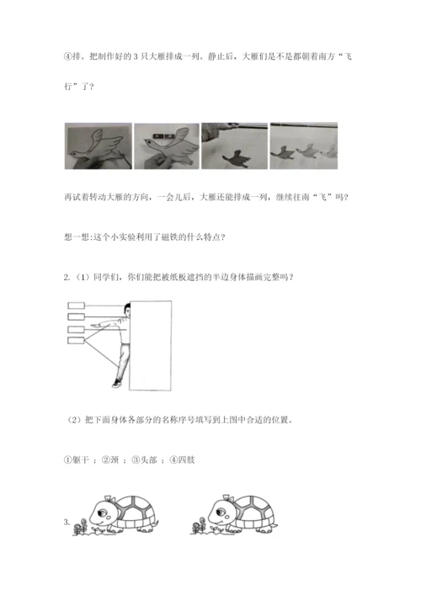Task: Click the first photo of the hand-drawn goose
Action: (99, 146)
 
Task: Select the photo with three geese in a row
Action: (304, 146)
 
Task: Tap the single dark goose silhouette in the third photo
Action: (236, 158)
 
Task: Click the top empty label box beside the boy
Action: (76, 305)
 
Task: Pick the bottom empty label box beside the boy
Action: (76, 340)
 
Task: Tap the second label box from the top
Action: (76, 316)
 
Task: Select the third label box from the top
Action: (76, 329)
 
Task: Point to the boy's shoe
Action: (116, 384)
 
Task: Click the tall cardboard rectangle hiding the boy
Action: (151, 346)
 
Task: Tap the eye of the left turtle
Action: (103, 513)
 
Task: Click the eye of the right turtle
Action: (221, 513)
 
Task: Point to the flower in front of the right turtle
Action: (197, 527)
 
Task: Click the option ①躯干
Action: (77, 460)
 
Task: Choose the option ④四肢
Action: (182, 460)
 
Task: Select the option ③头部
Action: (144, 460)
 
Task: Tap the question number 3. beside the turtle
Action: (67, 522)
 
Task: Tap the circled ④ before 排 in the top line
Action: (67, 56)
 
